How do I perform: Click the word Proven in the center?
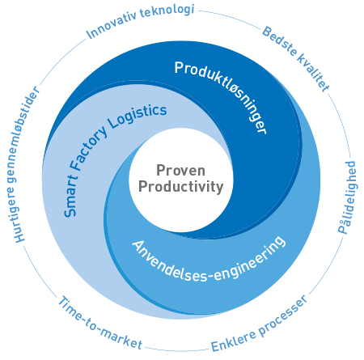coord(180,171)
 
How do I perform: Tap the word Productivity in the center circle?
coord(181,187)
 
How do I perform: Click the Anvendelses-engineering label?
coord(209,260)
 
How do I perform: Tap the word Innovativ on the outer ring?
coord(111,27)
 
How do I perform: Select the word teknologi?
coord(167,11)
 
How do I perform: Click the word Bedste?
coord(279,41)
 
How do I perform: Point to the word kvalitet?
coord(314,73)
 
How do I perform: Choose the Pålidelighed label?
coord(347,197)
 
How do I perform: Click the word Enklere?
coord(234,341)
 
